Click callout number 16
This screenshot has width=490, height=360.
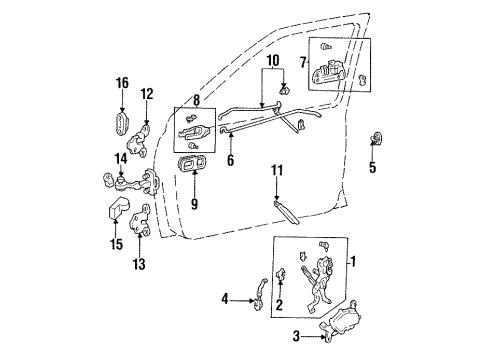click(122, 84)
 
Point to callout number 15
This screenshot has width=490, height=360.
click(116, 243)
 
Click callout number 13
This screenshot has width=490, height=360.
click(138, 264)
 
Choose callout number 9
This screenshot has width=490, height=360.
click(195, 205)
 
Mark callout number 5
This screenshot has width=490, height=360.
click(372, 167)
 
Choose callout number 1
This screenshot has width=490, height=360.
click(352, 262)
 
